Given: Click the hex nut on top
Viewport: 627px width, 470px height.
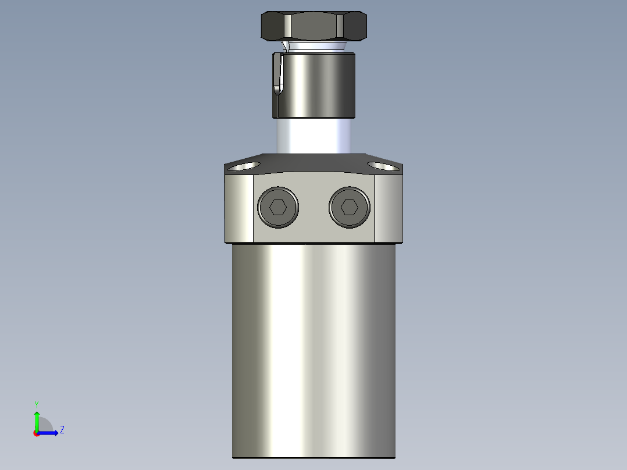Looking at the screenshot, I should tap(313, 26).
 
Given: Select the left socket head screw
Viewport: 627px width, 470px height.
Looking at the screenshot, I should tap(279, 207).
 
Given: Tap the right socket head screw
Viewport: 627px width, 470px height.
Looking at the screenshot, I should tap(349, 207).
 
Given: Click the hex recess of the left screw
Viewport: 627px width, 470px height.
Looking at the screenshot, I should tap(279, 207).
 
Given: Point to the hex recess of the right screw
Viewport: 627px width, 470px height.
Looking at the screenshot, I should tap(349, 207).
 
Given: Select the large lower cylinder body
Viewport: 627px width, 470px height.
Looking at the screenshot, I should tap(313, 349).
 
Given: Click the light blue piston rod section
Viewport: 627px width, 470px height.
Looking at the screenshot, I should tap(313, 136).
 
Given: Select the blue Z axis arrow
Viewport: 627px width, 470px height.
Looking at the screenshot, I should tap(49, 433).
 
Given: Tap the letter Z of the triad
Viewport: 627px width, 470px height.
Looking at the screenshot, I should tap(62, 430).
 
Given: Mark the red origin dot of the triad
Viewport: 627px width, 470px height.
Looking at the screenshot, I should tap(37, 433).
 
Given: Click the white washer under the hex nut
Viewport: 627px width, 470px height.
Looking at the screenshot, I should tap(314, 45).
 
